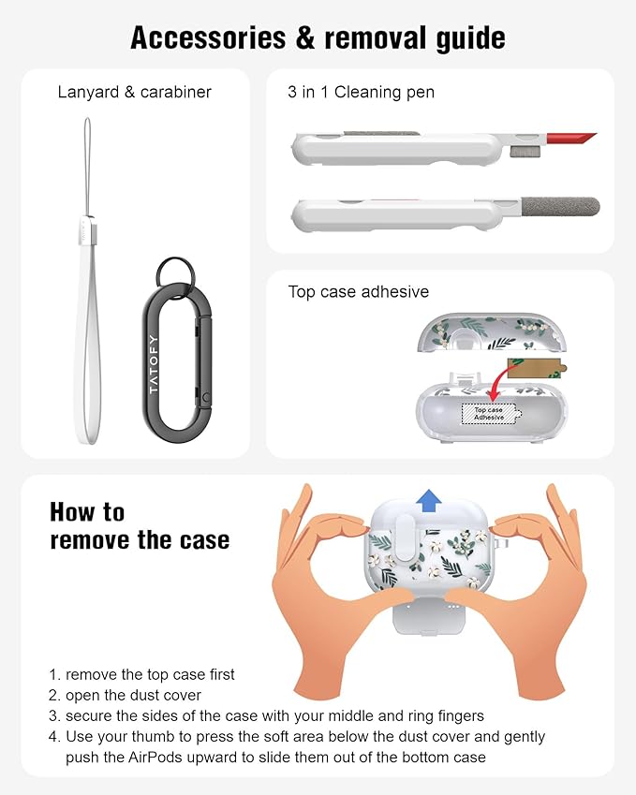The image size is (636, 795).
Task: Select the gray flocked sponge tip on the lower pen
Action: tap(560, 206)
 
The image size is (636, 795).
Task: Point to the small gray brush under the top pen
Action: tap(518, 151)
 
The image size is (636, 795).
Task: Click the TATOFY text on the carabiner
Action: tap(154, 364)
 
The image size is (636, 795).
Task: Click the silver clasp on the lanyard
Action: tap(86, 230)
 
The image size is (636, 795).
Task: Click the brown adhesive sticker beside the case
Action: tap(536, 369)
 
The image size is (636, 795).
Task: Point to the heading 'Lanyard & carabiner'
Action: tap(134, 93)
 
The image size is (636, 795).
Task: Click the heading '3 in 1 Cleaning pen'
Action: tap(362, 93)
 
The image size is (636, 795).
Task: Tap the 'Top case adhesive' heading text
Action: tap(359, 291)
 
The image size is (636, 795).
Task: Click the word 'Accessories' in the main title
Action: tap(209, 38)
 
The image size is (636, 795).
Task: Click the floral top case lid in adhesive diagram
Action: tap(490, 332)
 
